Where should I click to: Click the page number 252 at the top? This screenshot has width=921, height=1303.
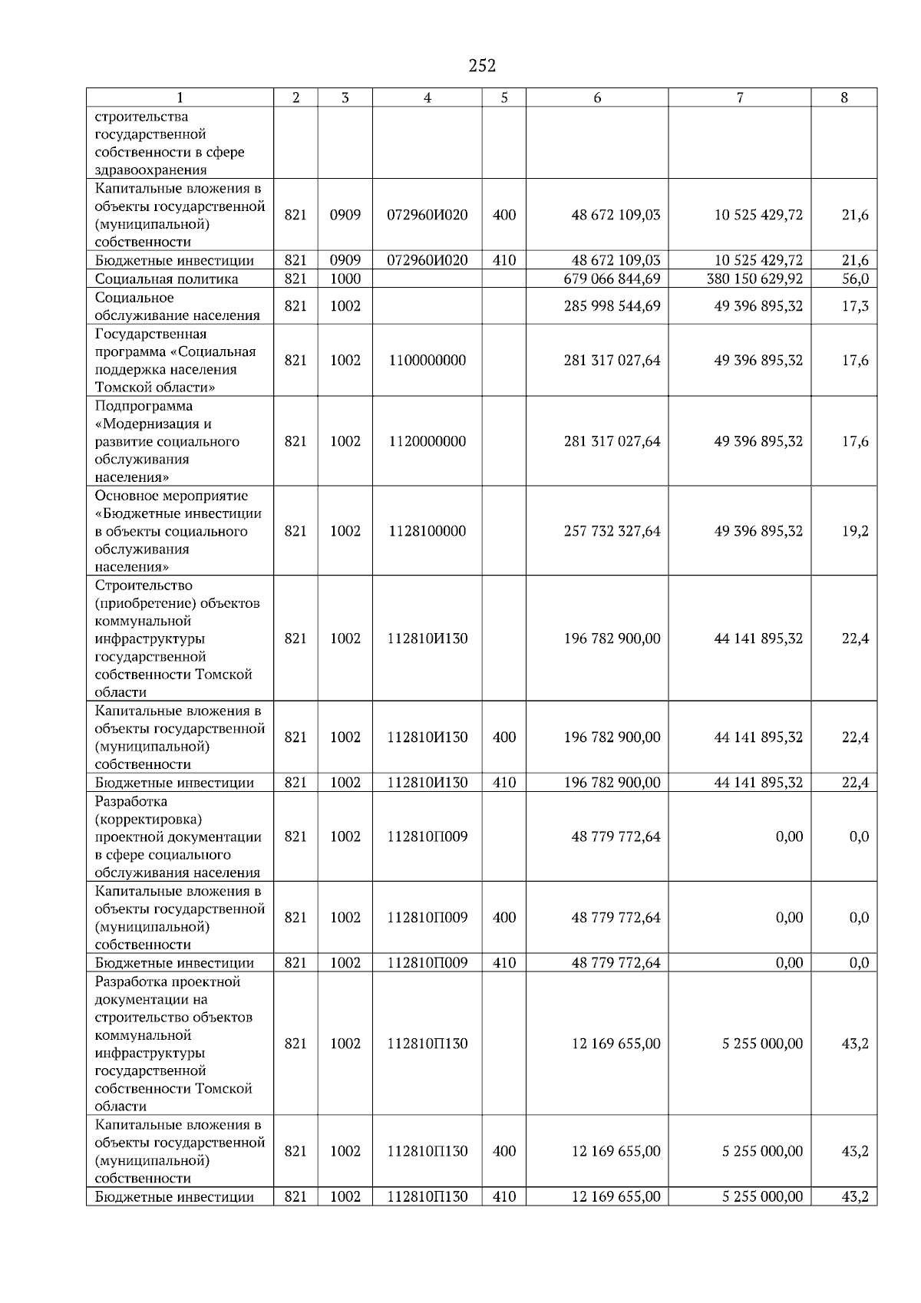pyautogui.click(x=482, y=66)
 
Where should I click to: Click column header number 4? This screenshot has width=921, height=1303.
pyautogui.click(x=427, y=97)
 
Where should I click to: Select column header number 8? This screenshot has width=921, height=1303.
pyautogui.click(x=844, y=97)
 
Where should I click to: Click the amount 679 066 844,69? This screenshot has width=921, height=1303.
pyautogui.click(x=612, y=279)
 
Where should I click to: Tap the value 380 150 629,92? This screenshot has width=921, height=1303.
pyautogui.click(x=754, y=279)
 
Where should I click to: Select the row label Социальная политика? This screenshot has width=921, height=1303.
pyautogui.click(x=167, y=279)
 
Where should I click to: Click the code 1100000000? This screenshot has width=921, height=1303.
pyautogui.click(x=427, y=360)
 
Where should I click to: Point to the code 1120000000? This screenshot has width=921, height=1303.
pyautogui.click(x=427, y=441)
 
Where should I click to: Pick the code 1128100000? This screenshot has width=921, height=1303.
pyautogui.click(x=427, y=531)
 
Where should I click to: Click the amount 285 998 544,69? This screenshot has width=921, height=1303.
pyautogui.click(x=612, y=306)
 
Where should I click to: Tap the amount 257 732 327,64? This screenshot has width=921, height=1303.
pyautogui.click(x=612, y=531)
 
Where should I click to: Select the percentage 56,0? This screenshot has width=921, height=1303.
pyautogui.click(x=855, y=279)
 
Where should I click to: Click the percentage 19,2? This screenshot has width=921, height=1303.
pyautogui.click(x=855, y=531)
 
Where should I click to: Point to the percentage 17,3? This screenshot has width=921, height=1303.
pyautogui.click(x=855, y=306)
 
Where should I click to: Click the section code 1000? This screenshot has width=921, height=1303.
pyautogui.click(x=345, y=279)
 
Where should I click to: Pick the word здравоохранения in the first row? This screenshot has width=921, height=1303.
pyautogui.click(x=151, y=170)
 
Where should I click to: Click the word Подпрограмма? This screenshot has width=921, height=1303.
pyautogui.click(x=144, y=406)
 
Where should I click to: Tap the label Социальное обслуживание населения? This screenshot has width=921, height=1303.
pyautogui.click(x=177, y=306)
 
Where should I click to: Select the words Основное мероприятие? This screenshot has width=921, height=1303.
pyautogui.click(x=171, y=496)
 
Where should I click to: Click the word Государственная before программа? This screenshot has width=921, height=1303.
pyautogui.click(x=150, y=334)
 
